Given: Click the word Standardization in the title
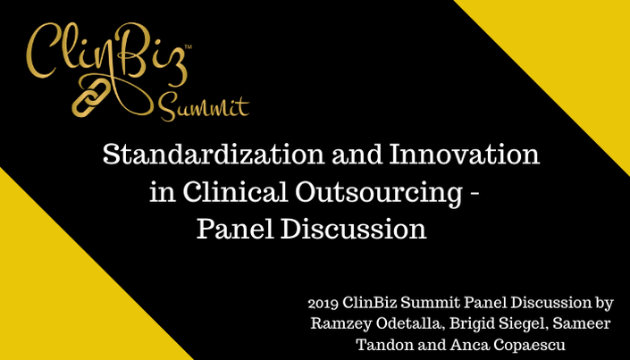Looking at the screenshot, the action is [x=214, y=155].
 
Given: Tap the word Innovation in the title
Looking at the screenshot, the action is [x=464, y=155].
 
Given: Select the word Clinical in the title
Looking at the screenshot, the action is [x=236, y=192].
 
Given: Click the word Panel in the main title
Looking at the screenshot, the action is [x=234, y=230].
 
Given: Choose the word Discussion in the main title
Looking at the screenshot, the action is [x=353, y=230].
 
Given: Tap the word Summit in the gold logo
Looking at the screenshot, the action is [x=204, y=107].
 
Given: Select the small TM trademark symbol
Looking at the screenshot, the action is [x=188, y=47].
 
